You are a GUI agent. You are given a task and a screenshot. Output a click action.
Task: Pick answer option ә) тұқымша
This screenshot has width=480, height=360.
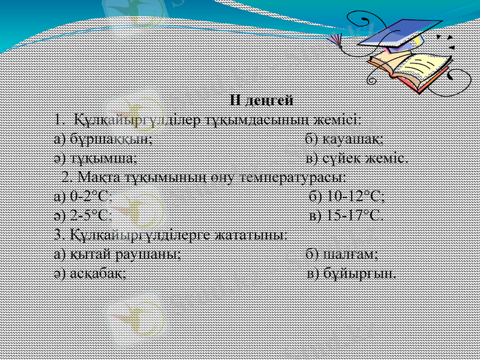pyautogui.click(x=96, y=158)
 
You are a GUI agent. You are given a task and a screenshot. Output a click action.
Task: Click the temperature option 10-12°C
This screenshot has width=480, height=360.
pyautogui.click(x=347, y=197)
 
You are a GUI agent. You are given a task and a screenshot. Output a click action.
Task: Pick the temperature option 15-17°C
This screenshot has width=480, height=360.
pyautogui.click(x=347, y=216)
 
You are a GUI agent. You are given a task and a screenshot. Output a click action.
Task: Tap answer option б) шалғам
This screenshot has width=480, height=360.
pyautogui.click(x=341, y=254)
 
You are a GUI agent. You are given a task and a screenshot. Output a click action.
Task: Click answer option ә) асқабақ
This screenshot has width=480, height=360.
pyautogui.click(x=90, y=274)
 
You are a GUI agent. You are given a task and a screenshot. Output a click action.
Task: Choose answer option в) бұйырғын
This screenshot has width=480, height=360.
pyautogui.click(x=351, y=274)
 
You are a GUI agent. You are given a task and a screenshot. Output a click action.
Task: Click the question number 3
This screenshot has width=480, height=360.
pyautogui.click(x=58, y=235)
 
